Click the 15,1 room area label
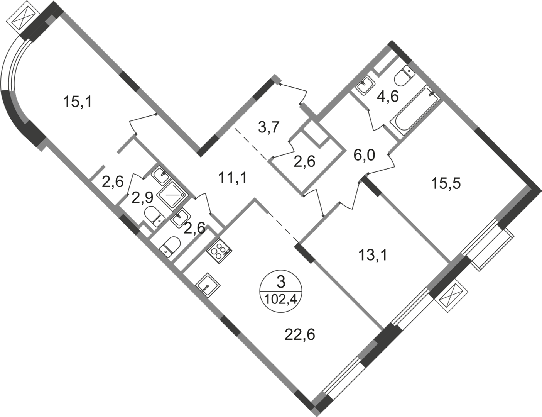point(78,102)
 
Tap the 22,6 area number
point(300,335)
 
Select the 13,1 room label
point(372,255)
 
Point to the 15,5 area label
point(446,184)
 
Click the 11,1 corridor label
point(233,178)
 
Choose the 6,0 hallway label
point(364,155)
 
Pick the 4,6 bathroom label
point(388,96)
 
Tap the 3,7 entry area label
point(268,127)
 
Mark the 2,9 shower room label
point(142,198)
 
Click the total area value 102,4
point(281,299)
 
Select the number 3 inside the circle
point(281,283)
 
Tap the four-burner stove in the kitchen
point(219,251)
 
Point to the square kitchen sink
point(208,286)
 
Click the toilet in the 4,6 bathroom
point(404,75)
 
